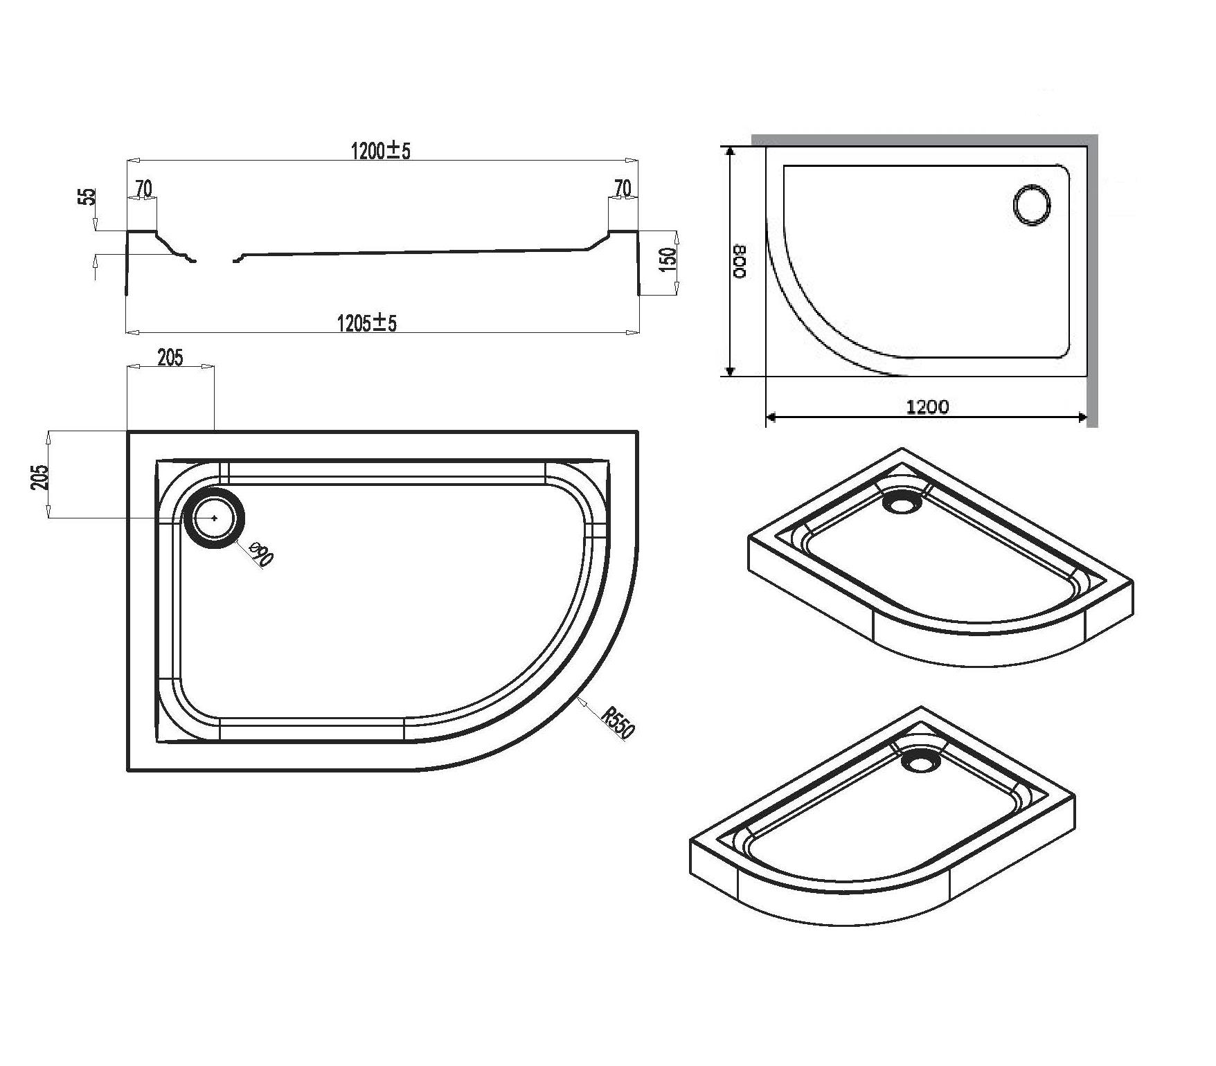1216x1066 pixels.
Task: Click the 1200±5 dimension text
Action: (x=381, y=150)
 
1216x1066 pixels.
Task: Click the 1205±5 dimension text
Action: (x=367, y=323)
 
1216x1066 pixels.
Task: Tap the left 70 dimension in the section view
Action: (x=143, y=188)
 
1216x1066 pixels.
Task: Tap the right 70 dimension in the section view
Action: (x=623, y=188)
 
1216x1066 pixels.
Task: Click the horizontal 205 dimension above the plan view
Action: (x=170, y=357)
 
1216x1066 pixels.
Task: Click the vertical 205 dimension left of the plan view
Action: (x=39, y=476)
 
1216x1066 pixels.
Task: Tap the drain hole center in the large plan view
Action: (x=214, y=518)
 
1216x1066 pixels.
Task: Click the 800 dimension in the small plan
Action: (x=740, y=262)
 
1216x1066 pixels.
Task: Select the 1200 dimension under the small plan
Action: (x=928, y=407)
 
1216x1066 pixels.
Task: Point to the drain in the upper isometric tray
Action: (x=903, y=502)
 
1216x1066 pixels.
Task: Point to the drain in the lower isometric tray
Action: (x=922, y=761)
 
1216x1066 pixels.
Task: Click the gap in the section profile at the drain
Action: (x=215, y=262)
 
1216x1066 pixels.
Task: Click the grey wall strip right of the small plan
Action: (x=1092, y=277)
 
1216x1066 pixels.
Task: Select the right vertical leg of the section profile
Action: (x=638, y=263)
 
